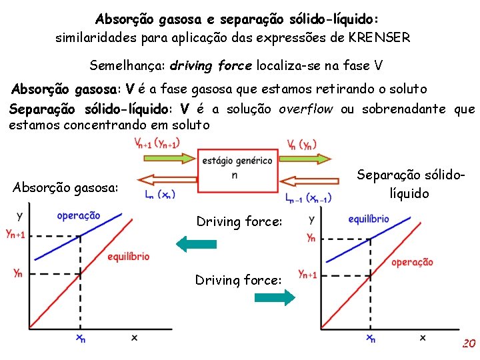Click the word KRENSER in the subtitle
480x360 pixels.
[x=379, y=37]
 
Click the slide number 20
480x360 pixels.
[x=469, y=344]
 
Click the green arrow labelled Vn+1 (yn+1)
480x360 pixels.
[x=167, y=158]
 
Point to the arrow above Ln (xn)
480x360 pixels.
[x=167, y=179]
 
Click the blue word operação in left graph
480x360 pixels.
[x=79, y=215]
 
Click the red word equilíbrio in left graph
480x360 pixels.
[x=128, y=257]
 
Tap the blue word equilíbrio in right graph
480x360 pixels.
[x=369, y=219]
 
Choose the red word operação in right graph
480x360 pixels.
[x=412, y=262]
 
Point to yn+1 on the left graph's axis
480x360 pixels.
[x=15, y=233]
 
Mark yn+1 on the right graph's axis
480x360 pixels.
[x=307, y=273]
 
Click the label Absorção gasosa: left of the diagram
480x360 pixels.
[x=65, y=188]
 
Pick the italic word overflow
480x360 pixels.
[x=305, y=109]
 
